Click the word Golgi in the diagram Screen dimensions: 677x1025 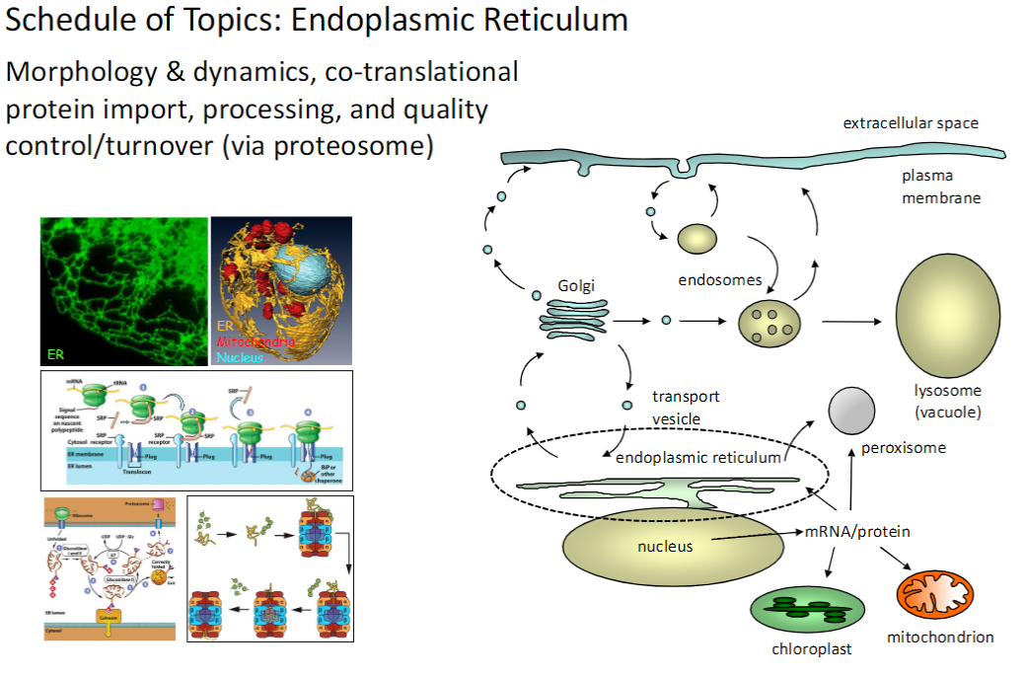tap(576, 285)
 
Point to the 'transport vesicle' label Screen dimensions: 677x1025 tap(686, 408)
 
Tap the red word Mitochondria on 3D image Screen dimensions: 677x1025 tap(256, 340)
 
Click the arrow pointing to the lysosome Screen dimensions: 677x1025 tap(850, 321)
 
